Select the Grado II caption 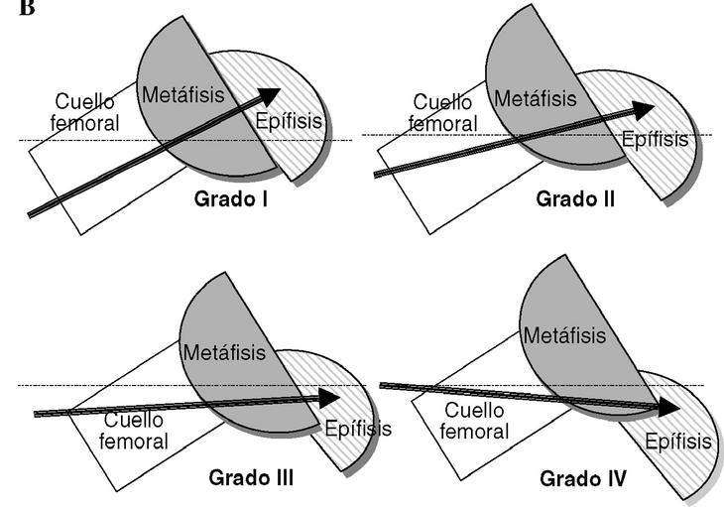coord(575,198)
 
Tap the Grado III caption coord(251,477)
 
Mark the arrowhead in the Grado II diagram coord(643,108)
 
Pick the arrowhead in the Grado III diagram coord(330,399)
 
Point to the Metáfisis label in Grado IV coord(564,335)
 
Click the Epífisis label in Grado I coord(289,122)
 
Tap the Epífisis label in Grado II coord(656,139)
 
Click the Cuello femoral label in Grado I coord(86,113)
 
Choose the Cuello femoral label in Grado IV coord(476,421)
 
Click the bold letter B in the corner coord(8,8)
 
